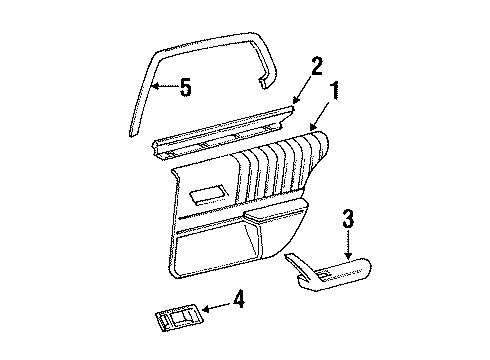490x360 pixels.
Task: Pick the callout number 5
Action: coord(185,88)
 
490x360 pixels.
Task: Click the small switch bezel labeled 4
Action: coord(175,321)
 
